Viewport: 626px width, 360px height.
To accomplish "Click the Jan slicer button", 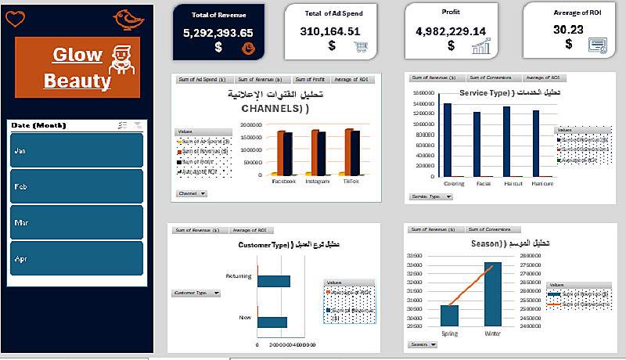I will coord(76,149).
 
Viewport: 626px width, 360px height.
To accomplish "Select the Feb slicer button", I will coord(76,186).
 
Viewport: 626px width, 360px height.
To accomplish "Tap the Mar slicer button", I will coord(76,222).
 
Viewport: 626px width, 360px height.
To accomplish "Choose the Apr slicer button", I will coord(76,258).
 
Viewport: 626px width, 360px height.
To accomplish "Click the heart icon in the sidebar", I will coord(15,18).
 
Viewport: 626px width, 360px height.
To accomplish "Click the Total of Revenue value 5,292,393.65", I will coord(218,33).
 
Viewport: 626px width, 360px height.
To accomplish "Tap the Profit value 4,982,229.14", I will coord(451,31).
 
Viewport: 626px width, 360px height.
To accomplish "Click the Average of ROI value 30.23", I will coord(568,30).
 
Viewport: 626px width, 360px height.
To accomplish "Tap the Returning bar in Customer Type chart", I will coord(273,281).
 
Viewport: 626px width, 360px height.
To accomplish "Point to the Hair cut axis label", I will coord(513,184).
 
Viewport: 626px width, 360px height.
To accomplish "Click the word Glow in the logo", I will coord(77,55).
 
